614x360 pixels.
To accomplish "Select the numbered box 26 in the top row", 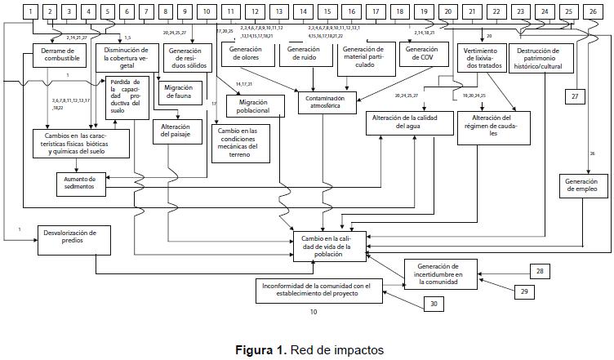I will [591, 11].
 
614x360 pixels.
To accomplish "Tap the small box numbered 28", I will [540, 271].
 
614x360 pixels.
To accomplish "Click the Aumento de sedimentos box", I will [82, 182].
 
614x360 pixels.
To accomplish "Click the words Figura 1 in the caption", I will [260, 350].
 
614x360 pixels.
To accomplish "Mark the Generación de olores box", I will [246, 54].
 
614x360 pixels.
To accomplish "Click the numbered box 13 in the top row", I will [279, 11].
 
